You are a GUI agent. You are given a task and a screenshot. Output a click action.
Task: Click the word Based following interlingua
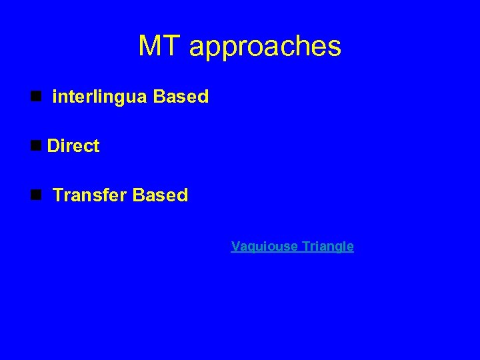(x=181, y=97)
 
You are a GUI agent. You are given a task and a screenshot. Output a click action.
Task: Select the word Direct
(x=73, y=146)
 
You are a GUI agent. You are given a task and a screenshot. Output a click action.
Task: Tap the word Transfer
(x=90, y=195)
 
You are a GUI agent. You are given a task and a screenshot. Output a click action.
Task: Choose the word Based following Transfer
(x=161, y=195)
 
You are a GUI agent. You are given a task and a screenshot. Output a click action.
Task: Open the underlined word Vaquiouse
(x=265, y=247)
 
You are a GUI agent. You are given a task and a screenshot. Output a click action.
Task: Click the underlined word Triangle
(x=327, y=247)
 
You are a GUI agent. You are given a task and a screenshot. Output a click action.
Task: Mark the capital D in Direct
(x=53, y=146)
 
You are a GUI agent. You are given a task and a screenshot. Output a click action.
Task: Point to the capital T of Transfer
(x=58, y=195)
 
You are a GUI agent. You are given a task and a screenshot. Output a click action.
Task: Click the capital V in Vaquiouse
(x=235, y=246)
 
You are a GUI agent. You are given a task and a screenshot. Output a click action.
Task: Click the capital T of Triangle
(x=305, y=246)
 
